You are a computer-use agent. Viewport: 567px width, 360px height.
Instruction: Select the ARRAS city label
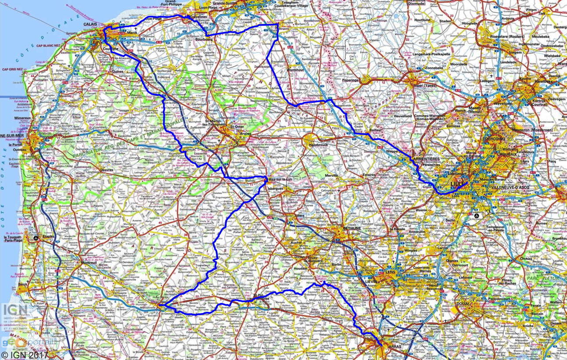(395, 346)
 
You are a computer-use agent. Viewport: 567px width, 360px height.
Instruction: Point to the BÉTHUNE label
(352, 229)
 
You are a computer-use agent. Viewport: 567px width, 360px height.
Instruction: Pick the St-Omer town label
(237, 127)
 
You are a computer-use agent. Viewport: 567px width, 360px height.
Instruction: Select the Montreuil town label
(89, 263)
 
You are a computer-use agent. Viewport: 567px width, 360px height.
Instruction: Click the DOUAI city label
(464, 303)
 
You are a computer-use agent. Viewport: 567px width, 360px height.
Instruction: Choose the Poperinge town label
(349, 80)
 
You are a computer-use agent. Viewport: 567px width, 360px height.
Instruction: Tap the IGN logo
(15, 310)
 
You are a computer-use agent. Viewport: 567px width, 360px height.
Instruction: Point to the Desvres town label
(106, 170)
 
